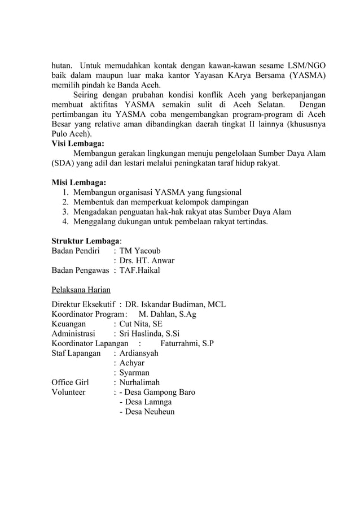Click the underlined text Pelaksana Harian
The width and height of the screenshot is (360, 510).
tap(81, 290)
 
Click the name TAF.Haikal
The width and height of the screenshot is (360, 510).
tap(139, 271)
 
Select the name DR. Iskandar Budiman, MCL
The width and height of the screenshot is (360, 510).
tap(175, 304)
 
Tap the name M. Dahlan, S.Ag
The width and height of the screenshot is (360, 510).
tap(168, 314)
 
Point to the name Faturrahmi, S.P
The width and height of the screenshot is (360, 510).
tap(187, 343)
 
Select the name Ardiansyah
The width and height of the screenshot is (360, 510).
tap(139, 353)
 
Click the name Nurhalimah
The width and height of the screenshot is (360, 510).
tap(139, 382)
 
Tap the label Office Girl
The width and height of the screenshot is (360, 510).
tap(70, 382)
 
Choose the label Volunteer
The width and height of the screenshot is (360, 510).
tap(69, 392)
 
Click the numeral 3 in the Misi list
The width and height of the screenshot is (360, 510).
tap(65, 212)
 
